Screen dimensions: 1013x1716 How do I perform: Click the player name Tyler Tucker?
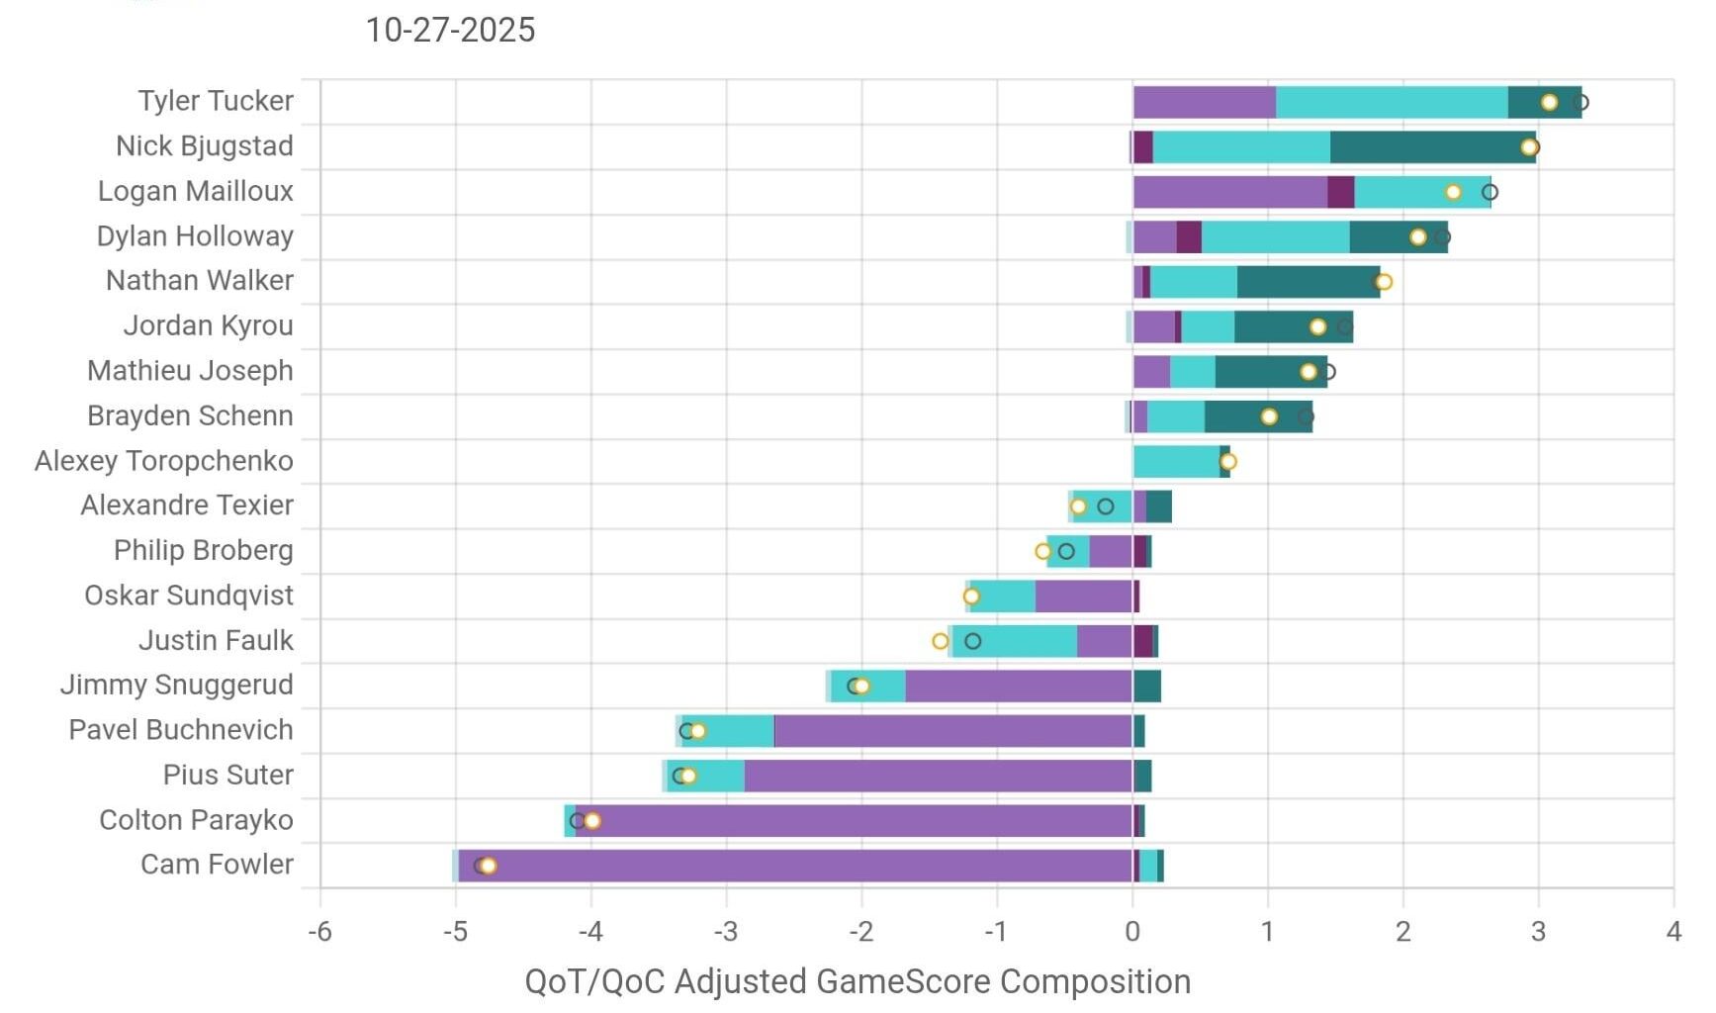pyautogui.click(x=216, y=101)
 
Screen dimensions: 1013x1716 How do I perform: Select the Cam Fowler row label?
pyautogui.click(x=217, y=865)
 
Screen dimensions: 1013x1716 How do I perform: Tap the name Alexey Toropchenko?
pyautogui.click(x=164, y=461)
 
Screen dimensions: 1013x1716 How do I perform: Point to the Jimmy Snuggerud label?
pyautogui.click(x=177, y=685)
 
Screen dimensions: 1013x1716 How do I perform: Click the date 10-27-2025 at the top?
pyautogui.click(x=450, y=30)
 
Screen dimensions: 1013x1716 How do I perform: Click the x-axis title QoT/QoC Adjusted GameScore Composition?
pyautogui.click(x=858, y=981)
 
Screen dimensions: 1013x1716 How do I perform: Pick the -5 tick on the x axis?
pyautogui.click(x=454, y=931)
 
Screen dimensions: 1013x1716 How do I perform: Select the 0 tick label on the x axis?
pyautogui.click(x=1132, y=931)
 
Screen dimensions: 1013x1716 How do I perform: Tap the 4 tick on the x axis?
pyautogui.click(x=1672, y=931)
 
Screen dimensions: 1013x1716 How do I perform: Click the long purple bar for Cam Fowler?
pyautogui.click(x=791, y=866)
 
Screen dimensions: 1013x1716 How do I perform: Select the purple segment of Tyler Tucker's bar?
pyautogui.click(x=1204, y=102)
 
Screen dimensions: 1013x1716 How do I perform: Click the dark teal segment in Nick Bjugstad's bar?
pyautogui.click(x=1432, y=147)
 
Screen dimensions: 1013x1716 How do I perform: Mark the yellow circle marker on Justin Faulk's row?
pyautogui.click(x=941, y=641)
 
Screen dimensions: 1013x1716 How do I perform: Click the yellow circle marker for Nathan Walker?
pyautogui.click(x=1384, y=282)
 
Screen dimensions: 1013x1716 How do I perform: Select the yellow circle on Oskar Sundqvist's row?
pyautogui.click(x=971, y=597)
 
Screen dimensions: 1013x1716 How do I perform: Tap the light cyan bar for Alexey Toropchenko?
pyautogui.click(x=1176, y=461)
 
